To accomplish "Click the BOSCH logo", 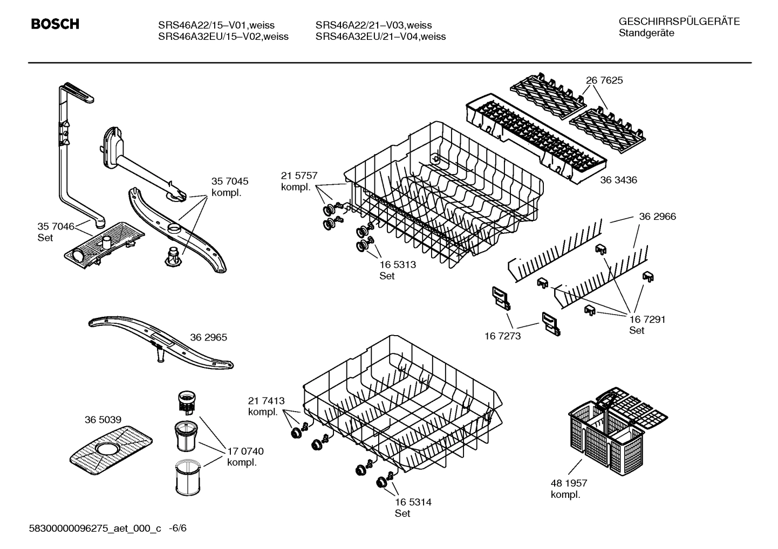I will click(55, 24).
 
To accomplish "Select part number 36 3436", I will click(618, 180).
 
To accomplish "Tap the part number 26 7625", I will click(604, 80).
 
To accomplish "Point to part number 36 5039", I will click(103, 420).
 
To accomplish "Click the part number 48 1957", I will click(569, 483).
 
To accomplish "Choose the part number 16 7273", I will click(503, 336).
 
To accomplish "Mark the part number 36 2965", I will click(208, 337).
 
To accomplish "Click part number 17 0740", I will click(245, 451).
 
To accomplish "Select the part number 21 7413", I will click(266, 401).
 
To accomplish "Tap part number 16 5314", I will click(413, 502).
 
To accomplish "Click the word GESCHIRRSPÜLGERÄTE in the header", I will click(679, 22).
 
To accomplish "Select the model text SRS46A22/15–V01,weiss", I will click(216, 25).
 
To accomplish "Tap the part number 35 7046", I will click(56, 226).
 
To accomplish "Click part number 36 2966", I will click(657, 217).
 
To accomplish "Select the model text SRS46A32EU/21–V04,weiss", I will click(380, 37).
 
